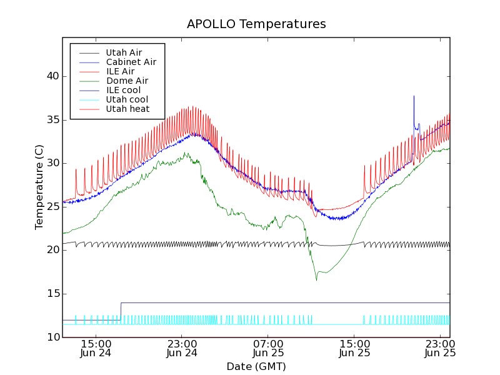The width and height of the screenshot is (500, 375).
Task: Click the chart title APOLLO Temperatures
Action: click(x=256, y=24)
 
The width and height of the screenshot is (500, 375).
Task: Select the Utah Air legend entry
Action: click(x=123, y=52)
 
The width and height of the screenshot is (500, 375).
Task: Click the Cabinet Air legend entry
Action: click(x=131, y=62)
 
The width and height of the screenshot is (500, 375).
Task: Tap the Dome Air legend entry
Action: click(x=127, y=81)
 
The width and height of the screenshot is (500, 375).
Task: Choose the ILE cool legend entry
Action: click(x=123, y=90)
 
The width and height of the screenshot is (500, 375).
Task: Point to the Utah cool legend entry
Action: click(x=127, y=99)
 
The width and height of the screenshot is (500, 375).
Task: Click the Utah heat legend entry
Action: click(x=127, y=109)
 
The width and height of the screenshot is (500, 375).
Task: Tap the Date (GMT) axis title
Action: click(x=256, y=366)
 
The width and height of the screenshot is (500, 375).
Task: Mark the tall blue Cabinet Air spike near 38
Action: click(x=414, y=97)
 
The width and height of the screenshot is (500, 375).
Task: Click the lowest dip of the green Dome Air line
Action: click(x=316, y=279)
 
